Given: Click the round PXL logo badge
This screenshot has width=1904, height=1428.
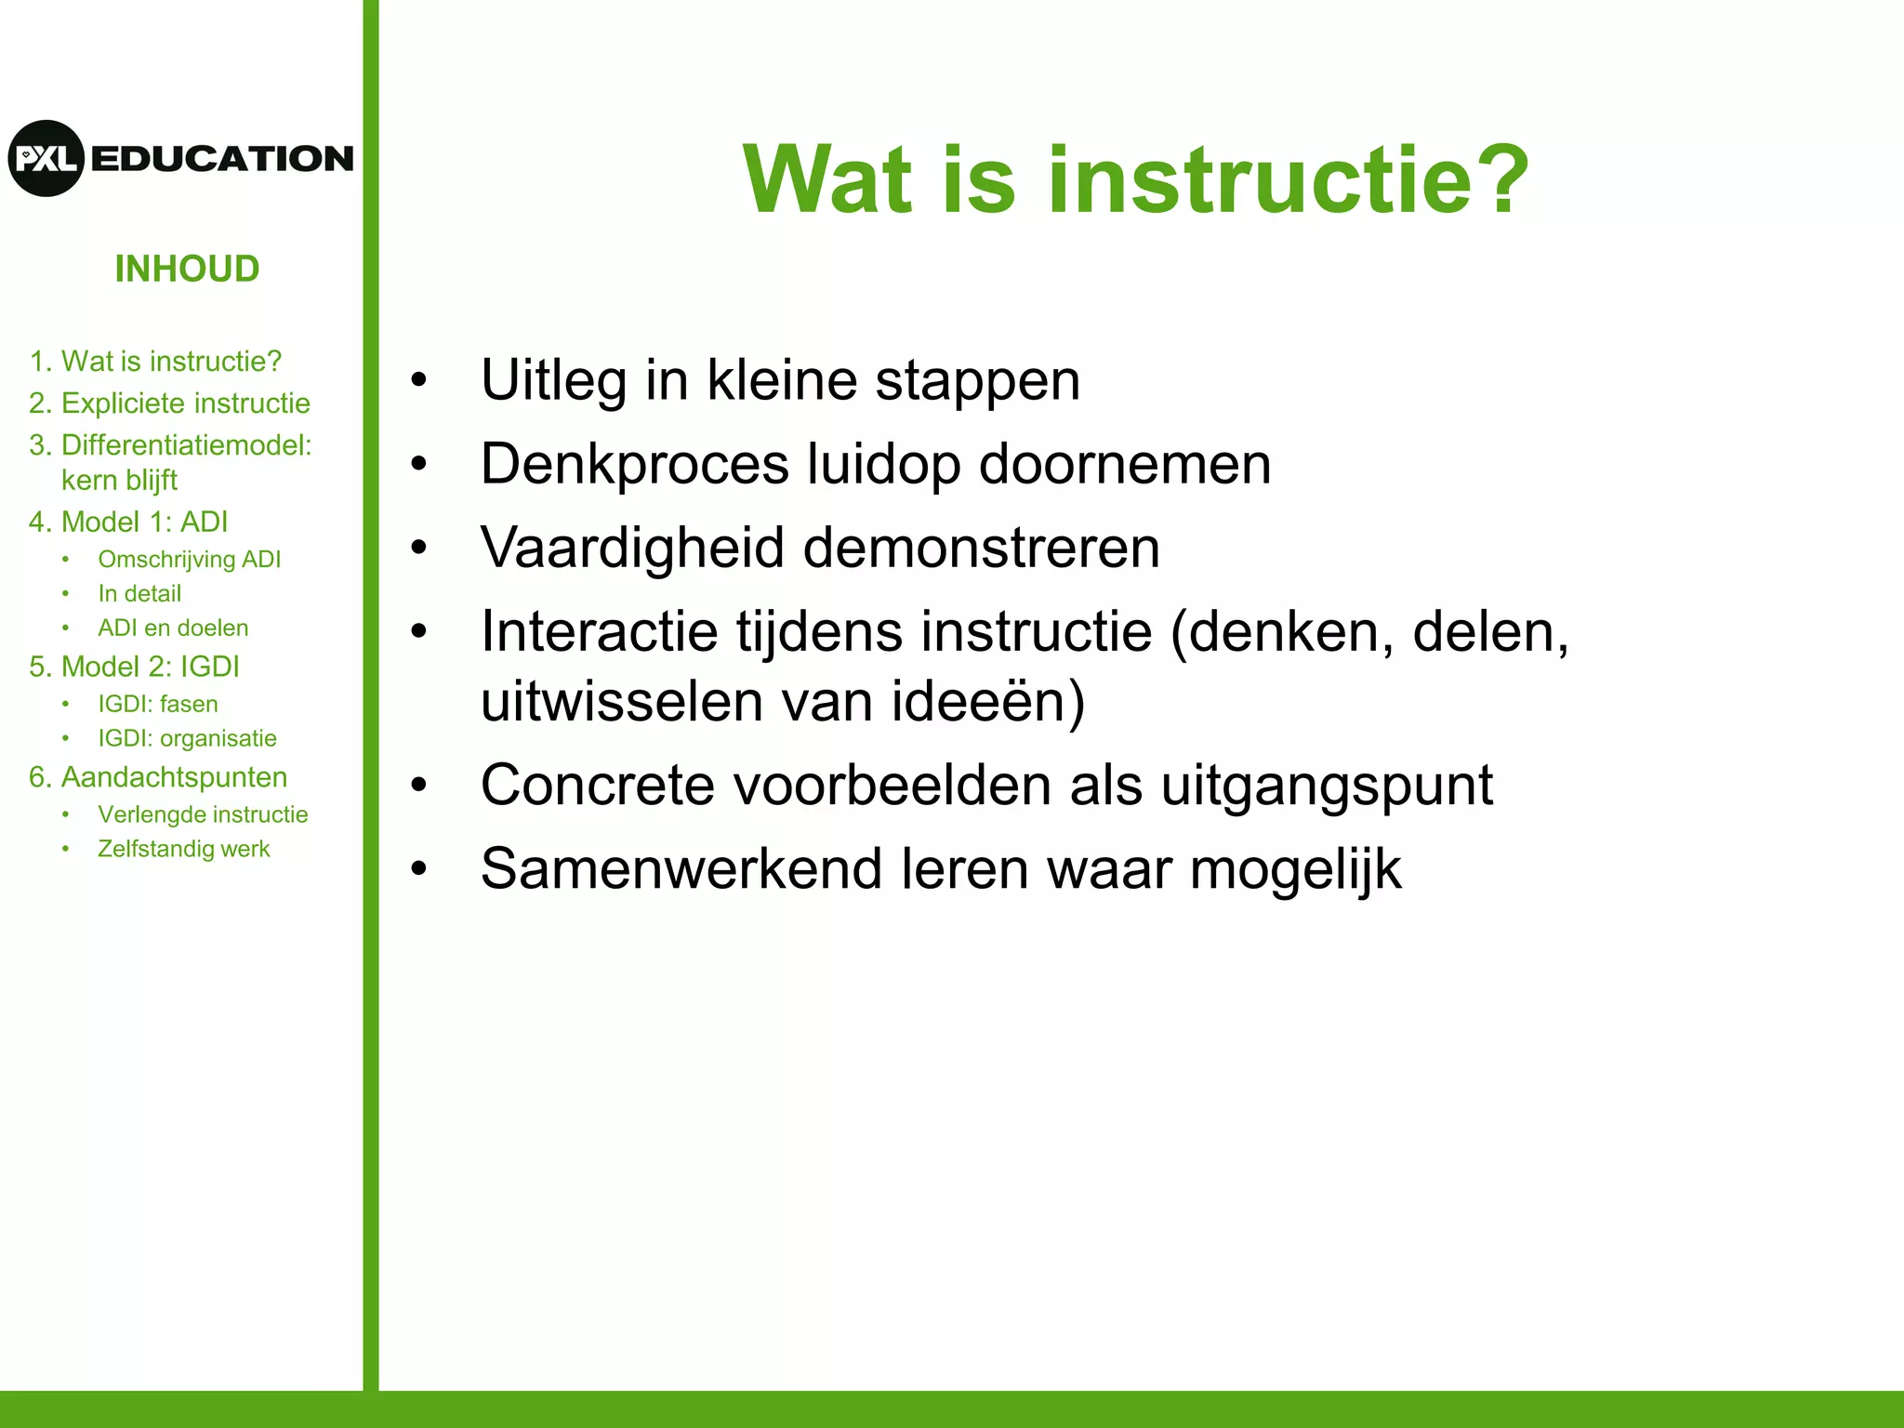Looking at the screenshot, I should click(x=46, y=158).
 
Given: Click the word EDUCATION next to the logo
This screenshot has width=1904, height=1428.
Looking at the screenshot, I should click(x=222, y=159).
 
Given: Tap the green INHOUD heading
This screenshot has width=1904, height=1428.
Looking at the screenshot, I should click(x=187, y=270).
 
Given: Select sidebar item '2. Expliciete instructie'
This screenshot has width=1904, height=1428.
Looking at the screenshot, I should click(x=169, y=403).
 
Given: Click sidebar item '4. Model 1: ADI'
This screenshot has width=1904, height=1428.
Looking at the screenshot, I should click(x=128, y=522).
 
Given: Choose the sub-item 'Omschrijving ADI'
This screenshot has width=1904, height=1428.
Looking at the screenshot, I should click(x=189, y=560).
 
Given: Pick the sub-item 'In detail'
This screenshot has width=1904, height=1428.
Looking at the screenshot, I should click(x=139, y=594).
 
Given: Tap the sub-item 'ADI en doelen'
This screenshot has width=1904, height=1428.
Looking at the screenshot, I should click(x=173, y=628).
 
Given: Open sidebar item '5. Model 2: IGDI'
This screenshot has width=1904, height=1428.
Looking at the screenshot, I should click(x=134, y=668).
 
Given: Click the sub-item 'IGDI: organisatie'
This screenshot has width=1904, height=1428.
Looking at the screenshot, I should click(x=187, y=739).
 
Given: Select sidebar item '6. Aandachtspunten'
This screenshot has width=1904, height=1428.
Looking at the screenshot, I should click(x=158, y=778).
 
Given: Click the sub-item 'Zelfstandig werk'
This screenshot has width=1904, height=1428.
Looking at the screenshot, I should click(x=183, y=850).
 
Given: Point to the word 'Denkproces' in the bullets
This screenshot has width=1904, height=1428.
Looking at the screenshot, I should click(x=634, y=465).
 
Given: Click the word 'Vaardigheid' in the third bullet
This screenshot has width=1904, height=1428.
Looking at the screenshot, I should click(x=632, y=549).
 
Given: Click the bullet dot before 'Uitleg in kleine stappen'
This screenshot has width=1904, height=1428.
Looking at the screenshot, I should click(x=419, y=380).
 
